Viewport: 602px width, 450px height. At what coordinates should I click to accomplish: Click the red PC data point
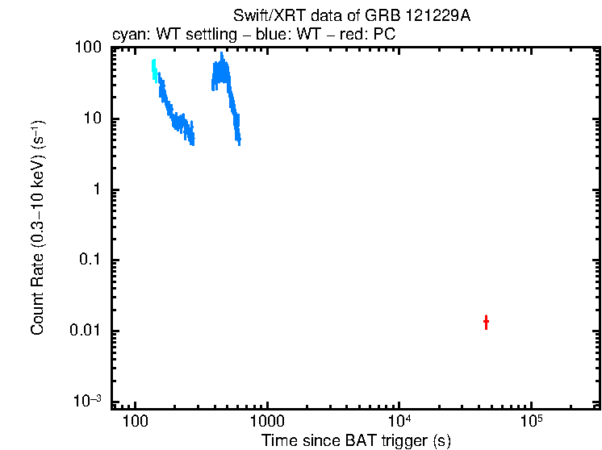(x=486, y=323)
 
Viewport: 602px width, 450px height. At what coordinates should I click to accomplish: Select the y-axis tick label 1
(x=97, y=190)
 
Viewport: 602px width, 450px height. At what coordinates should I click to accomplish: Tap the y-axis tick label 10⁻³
(x=87, y=401)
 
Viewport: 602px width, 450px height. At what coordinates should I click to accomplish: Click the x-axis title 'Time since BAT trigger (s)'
(x=356, y=440)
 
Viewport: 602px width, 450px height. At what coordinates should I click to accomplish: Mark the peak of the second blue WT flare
(x=222, y=55)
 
